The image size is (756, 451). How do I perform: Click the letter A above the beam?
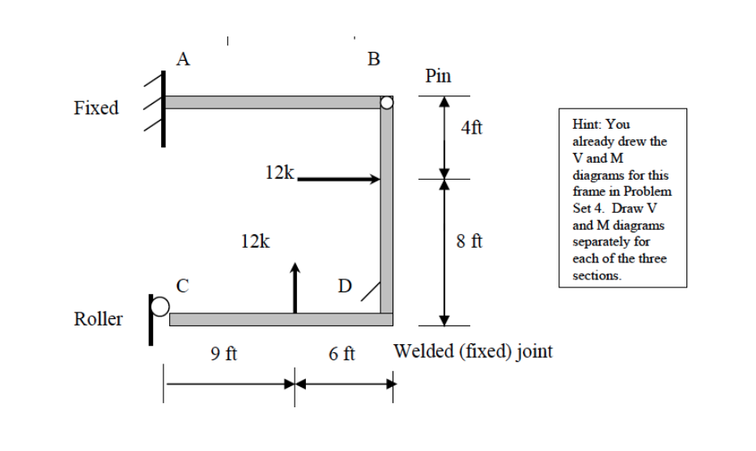[x=184, y=58]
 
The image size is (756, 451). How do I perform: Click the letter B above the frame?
[x=373, y=58]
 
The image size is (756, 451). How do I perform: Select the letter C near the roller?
[x=184, y=285]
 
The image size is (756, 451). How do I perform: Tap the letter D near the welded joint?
[x=346, y=286]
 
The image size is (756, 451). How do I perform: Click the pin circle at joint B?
[x=387, y=103]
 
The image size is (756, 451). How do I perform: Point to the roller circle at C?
[x=162, y=305]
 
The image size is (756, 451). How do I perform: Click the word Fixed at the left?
[x=96, y=108]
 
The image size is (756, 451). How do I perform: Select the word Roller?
[x=98, y=319]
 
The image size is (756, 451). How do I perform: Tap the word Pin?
[x=439, y=76]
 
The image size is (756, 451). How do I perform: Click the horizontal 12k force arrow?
[x=338, y=179]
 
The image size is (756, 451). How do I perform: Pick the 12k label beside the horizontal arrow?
[x=280, y=172]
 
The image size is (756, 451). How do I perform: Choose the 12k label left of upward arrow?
[x=257, y=240]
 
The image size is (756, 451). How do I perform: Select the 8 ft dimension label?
[x=471, y=240]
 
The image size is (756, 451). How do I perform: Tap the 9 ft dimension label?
[x=223, y=354]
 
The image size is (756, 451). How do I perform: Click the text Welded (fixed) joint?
[x=473, y=351]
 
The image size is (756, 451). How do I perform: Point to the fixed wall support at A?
[x=161, y=108]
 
